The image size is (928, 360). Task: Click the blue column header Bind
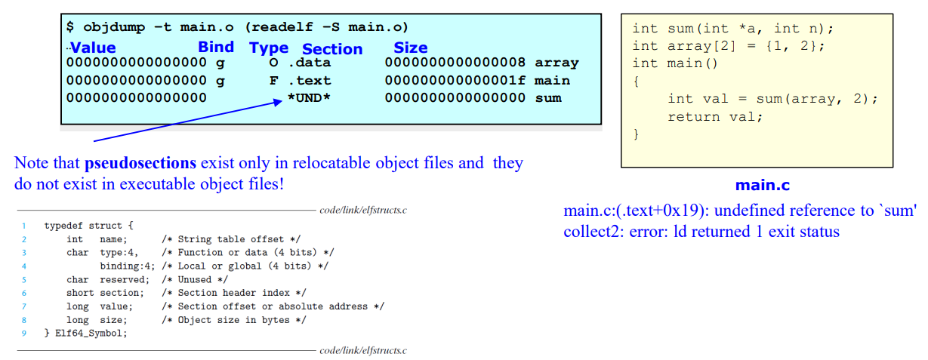[x=216, y=47]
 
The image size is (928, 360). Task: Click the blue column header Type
[x=269, y=48]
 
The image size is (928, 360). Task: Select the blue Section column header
[x=332, y=49]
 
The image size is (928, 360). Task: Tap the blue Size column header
[x=410, y=48]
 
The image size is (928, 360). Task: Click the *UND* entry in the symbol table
[x=309, y=98]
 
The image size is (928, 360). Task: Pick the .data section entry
[x=309, y=63]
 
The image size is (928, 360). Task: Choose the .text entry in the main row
[x=309, y=80]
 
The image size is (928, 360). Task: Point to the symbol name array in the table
[x=556, y=63]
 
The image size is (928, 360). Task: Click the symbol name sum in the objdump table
[x=547, y=98]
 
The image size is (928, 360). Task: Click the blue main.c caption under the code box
[x=762, y=185]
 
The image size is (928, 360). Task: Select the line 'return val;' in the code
[x=715, y=117]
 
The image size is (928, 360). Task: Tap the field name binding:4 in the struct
[x=128, y=266]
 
